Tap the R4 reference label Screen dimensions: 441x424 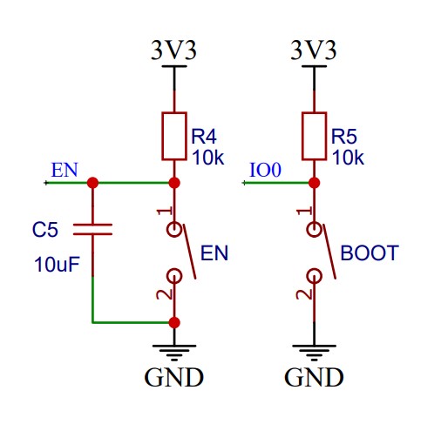tap(204, 137)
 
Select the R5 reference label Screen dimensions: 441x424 tap(344, 137)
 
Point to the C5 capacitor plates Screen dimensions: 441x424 tap(92, 229)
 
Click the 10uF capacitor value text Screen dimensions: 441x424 tap(57, 265)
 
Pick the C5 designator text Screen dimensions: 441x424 tap(45, 230)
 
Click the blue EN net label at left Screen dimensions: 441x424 tap(64, 170)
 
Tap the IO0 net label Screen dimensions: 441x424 tap(266, 170)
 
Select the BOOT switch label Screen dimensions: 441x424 tap(370, 252)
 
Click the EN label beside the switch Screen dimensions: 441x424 tap(214, 252)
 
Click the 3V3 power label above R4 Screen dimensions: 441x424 tap(173, 50)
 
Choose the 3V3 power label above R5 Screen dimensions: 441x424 tap(314, 50)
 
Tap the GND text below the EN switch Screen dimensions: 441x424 tap(173, 377)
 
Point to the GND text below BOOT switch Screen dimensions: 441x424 tap(314, 377)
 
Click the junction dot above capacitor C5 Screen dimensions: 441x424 tap(92, 183)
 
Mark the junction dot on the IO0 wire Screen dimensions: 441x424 tap(314, 183)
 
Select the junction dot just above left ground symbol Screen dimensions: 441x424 tap(174, 322)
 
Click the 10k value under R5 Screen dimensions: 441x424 tap(348, 158)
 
